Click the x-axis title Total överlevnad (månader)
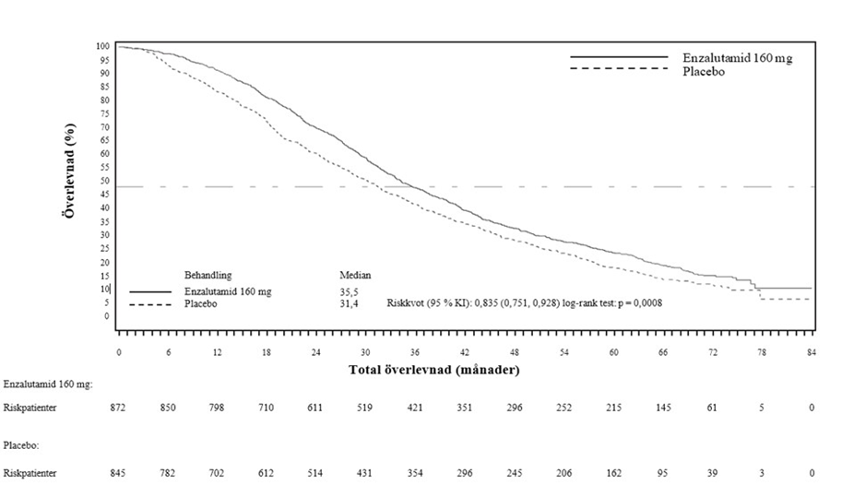pos(433,370)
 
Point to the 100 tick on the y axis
pos(103,46)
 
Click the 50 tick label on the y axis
pos(106,181)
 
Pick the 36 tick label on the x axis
pos(415,353)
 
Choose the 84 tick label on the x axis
pos(812,353)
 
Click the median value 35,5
pos(350,291)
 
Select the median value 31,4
pos(350,303)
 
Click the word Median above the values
pos(355,275)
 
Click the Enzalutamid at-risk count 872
pos(119,407)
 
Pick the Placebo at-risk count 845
pos(119,473)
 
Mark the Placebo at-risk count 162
pos(613,473)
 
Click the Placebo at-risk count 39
pos(712,473)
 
